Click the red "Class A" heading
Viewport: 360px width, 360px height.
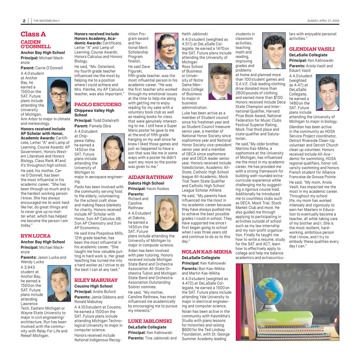click(33, 35)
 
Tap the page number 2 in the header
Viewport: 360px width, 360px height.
click(24, 21)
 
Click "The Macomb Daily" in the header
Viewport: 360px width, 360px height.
click(47, 21)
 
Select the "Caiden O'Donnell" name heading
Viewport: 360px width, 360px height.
click(36, 44)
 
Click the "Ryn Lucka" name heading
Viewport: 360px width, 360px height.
click(35, 236)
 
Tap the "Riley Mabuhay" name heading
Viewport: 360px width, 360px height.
click(96, 280)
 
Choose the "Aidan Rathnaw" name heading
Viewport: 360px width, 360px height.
click(150, 177)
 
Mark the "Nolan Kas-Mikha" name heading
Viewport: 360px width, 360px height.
click(206, 252)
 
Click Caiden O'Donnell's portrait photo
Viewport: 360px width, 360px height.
click(59, 95)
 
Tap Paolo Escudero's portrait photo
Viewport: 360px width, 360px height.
click(113, 152)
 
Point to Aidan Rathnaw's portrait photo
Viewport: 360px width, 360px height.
click(166, 213)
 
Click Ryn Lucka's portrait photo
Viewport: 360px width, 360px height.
click(59, 283)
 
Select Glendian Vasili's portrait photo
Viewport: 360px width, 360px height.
click(328, 93)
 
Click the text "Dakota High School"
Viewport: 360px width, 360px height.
click(146, 183)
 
